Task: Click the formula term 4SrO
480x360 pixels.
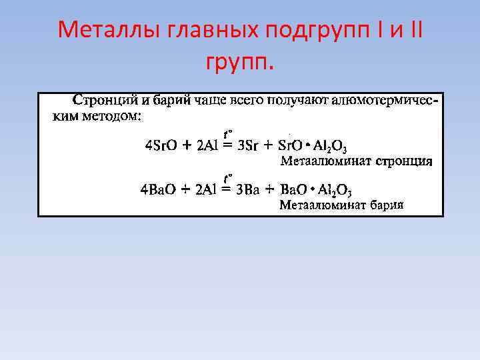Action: point(161,146)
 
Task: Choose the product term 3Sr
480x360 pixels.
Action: point(248,146)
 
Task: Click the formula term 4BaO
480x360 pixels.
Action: point(157,190)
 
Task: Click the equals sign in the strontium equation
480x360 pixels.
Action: point(228,146)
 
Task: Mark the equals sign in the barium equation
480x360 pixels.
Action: point(227,190)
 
